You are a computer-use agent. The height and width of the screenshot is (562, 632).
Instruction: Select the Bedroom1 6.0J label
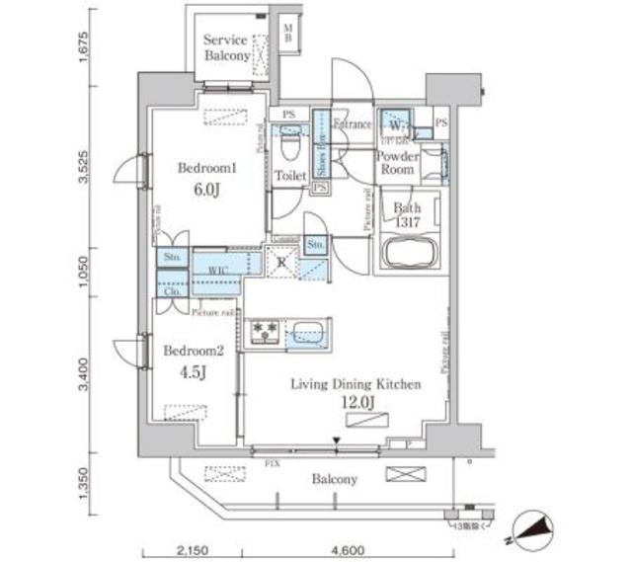coord(205,177)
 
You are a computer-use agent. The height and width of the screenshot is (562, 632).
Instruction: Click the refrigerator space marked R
coord(281,264)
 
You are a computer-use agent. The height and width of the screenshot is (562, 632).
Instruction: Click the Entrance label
coord(353,124)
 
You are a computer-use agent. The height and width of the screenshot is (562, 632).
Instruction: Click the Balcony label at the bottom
coord(337,479)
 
